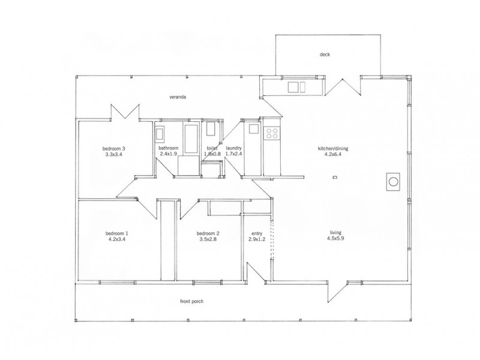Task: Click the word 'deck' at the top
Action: [x=325, y=55]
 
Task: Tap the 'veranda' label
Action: [x=177, y=97]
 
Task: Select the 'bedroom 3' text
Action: [x=114, y=148]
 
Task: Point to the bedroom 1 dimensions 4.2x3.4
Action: [x=118, y=239]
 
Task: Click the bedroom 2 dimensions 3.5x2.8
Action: [x=208, y=239]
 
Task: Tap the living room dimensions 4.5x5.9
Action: [x=337, y=239]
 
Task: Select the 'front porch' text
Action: [x=192, y=301]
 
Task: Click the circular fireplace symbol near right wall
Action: [x=394, y=181]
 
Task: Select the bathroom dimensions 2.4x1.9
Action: [x=169, y=154]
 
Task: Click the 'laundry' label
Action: [x=233, y=148]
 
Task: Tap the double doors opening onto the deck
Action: [x=343, y=87]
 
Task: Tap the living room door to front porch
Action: [x=338, y=292]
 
